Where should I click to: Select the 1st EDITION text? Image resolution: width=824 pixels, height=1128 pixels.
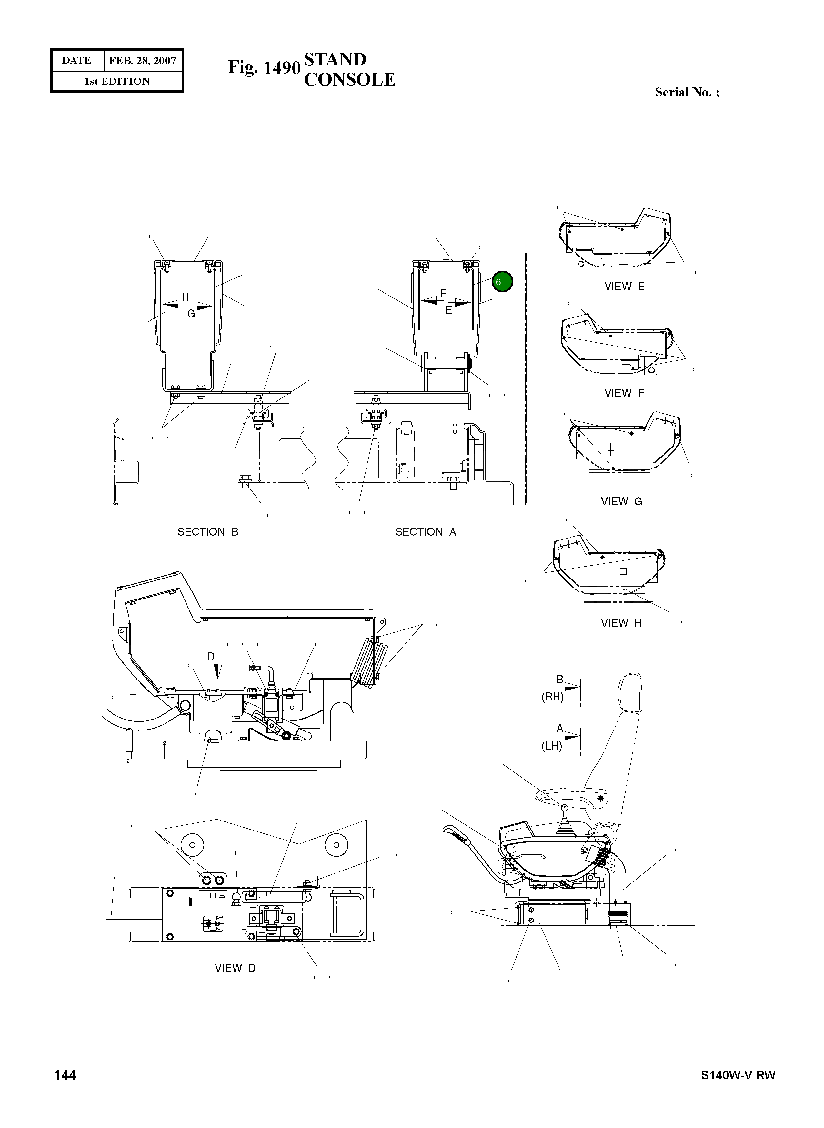[117, 81]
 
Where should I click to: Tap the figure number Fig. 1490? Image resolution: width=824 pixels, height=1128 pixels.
[264, 67]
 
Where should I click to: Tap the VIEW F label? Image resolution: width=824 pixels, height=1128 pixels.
[624, 393]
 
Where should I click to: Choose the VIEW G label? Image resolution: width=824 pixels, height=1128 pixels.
[621, 501]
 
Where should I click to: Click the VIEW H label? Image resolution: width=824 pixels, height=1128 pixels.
[621, 623]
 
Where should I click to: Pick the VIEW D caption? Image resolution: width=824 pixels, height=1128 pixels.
[235, 968]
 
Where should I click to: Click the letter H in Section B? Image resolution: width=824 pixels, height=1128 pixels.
[185, 297]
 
